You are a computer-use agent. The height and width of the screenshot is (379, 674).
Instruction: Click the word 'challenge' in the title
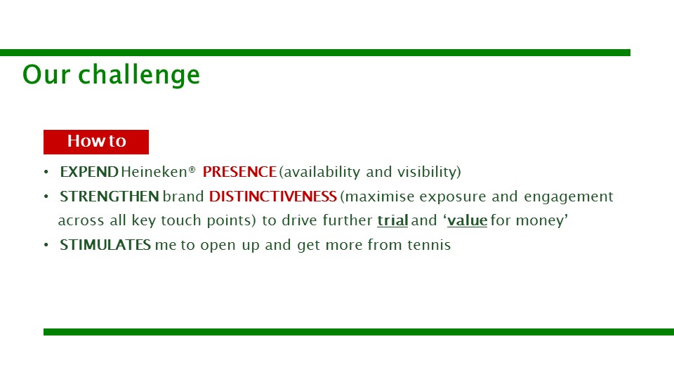pos(139,75)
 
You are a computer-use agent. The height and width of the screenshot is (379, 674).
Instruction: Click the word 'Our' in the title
pos(46,74)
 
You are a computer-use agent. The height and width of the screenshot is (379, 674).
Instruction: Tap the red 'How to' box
pos(96,142)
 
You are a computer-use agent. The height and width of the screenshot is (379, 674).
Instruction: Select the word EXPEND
pos(89,172)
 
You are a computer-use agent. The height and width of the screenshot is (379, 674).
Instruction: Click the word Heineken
pos(154,172)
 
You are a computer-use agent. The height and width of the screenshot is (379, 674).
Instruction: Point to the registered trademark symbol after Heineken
pos(192,169)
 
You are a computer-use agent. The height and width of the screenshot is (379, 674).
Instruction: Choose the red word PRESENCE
pos(239,172)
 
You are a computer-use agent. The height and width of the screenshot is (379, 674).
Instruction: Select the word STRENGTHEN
pos(110,197)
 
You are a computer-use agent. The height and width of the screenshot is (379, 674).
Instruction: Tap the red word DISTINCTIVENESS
pos(273,197)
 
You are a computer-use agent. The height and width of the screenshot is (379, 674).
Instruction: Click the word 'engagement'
pos(568,197)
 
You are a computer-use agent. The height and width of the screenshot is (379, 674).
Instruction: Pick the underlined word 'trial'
pos(392,220)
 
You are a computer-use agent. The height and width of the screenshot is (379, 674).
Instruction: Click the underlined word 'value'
pos(468,220)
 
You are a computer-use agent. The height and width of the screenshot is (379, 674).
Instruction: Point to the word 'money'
pos(540,221)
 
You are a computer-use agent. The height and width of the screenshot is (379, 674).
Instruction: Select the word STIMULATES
pos(105,245)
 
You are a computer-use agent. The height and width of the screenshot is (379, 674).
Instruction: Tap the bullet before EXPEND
pos(46,173)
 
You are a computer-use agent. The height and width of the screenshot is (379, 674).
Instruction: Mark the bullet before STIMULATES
pos(46,246)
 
